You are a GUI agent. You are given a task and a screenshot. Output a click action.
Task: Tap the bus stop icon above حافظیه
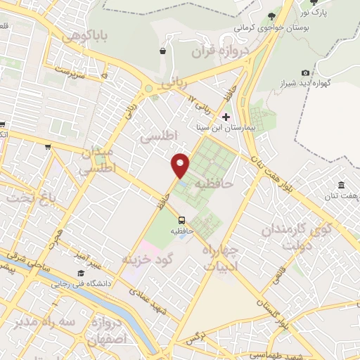(x=181, y=219)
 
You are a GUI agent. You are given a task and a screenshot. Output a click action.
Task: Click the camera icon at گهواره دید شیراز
(x=305, y=72)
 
